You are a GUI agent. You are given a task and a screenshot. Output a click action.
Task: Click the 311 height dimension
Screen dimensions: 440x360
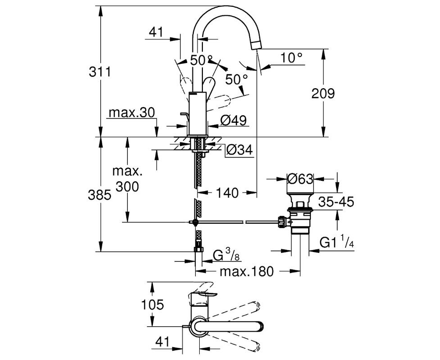[100, 72]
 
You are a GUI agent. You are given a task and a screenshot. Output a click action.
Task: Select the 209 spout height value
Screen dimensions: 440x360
[323, 93]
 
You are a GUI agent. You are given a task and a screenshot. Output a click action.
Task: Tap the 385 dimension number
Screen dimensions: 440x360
[99, 195]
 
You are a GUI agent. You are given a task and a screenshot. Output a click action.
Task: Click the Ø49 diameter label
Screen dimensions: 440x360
[233, 120]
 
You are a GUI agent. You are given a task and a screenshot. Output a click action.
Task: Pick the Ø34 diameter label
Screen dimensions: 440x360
[239, 150]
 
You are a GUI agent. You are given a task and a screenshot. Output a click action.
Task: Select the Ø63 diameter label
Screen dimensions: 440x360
[300, 179]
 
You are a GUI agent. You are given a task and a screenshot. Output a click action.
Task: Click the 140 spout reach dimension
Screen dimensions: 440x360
[227, 193]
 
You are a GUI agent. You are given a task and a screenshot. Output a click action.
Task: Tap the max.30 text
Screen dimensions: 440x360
[132, 112]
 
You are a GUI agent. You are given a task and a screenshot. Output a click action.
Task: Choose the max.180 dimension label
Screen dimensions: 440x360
[247, 271]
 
